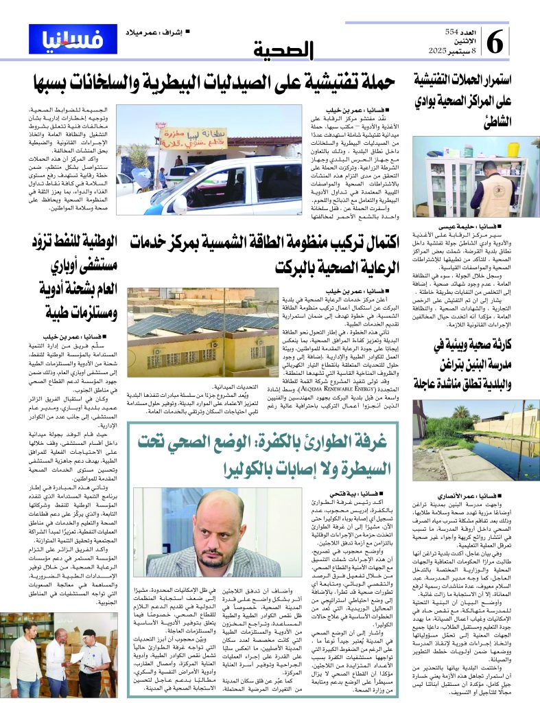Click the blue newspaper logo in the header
[x=73, y=39]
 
